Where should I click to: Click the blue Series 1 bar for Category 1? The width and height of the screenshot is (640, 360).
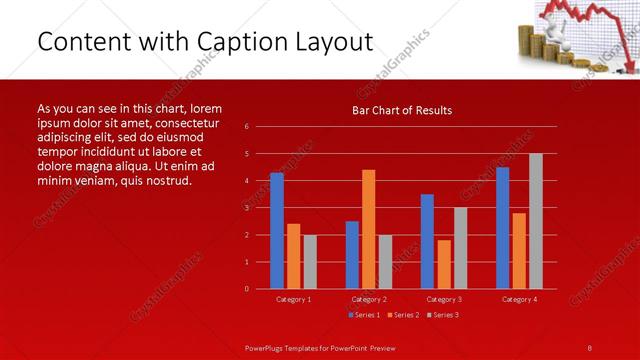(277, 231)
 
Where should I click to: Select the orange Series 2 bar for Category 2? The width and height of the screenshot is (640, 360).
(368, 229)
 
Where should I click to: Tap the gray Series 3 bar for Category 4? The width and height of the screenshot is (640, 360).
(536, 221)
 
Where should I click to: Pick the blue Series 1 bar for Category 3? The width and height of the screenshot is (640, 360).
(427, 241)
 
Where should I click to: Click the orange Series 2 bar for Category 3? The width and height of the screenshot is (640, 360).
(443, 264)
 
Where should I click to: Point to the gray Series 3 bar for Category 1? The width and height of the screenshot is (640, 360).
(310, 262)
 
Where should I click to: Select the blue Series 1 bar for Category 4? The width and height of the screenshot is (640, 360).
(502, 228)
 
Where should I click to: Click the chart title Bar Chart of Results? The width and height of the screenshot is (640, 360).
(402, 110)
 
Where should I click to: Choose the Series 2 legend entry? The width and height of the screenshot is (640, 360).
(403, 315)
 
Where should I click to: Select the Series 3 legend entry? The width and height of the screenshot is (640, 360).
(442, 315)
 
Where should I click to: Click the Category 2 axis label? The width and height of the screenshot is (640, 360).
(368, 299)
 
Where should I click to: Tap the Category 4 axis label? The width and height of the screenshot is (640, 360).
(519, 299)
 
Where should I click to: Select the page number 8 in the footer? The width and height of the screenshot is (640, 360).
(589, 347)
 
